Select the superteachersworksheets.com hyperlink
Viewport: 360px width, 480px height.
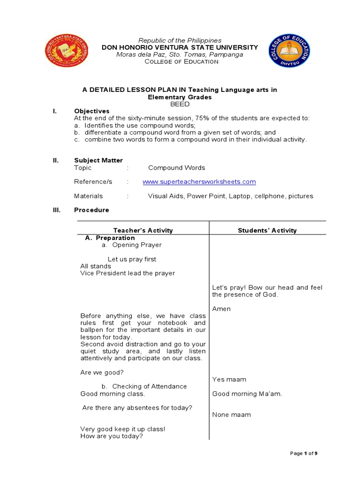click(199, 182)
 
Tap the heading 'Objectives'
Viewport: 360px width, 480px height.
click(92, 111)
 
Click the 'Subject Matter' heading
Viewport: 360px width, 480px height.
click(98, 160)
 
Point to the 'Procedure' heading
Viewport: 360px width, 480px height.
click(91, 210)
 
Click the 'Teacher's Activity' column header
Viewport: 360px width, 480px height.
click(143, 230)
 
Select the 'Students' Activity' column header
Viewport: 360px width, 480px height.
click(267, 230)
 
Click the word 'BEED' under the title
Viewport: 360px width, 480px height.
click(180, 104)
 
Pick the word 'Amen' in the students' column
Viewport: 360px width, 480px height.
click(221, 309)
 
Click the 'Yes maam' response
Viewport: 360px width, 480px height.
click(229, 379)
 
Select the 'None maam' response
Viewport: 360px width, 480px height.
click(231, 415)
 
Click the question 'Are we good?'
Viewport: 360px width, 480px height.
click(102, 373)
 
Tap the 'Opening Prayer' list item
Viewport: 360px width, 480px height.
click(136, 245)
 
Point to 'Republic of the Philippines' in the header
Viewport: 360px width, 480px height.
click(180, 41)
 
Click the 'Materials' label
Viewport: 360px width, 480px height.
click(88, 196)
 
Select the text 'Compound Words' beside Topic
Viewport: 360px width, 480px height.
click(176, 168)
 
